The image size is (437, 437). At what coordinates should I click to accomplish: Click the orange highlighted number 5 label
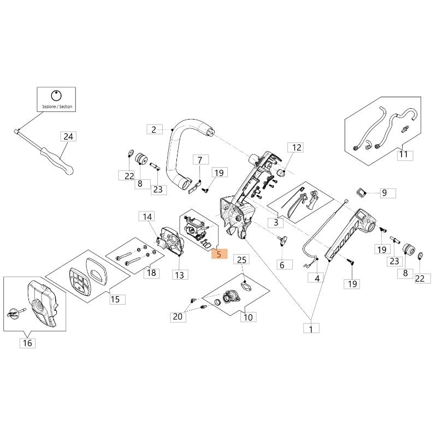(x=220, y=254)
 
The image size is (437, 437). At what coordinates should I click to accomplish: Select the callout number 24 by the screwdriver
(x=68, y=137)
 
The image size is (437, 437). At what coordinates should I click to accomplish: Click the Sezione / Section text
(x=57, y=107)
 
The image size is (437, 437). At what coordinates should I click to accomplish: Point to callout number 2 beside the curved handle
(x=155, y=129)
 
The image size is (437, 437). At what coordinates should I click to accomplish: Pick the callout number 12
(x=296, y=147)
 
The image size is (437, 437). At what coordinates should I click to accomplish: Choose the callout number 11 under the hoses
(x=405, y=155)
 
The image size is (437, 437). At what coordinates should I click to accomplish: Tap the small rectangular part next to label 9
(x=361, y=192)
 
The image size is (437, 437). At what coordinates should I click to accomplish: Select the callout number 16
(x=27, y=343)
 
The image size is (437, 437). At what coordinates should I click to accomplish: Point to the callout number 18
(x=151, y=273)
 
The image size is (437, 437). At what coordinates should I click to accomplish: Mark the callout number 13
(x=180, y=275)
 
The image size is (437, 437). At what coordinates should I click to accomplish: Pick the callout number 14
(x=147, y=216)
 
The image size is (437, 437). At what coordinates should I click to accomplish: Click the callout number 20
(x=178, y=317)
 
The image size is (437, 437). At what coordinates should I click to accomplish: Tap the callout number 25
(x=241, y=259)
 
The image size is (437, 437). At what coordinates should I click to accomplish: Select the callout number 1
(x=311, y=329)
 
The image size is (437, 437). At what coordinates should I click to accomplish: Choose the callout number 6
(x=282, y=264)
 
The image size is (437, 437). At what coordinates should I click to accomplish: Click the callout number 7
(x=200, y=160)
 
